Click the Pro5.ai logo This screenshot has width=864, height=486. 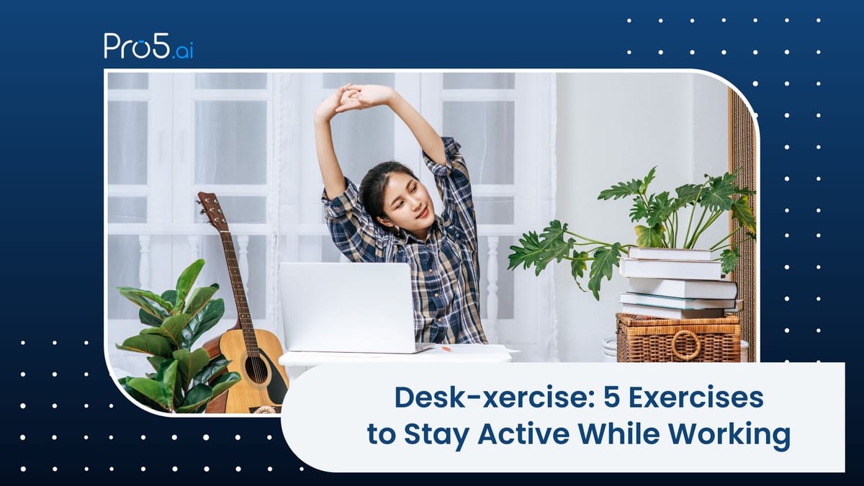148,46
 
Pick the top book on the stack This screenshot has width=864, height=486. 674,253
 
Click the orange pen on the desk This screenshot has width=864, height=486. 446,348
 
